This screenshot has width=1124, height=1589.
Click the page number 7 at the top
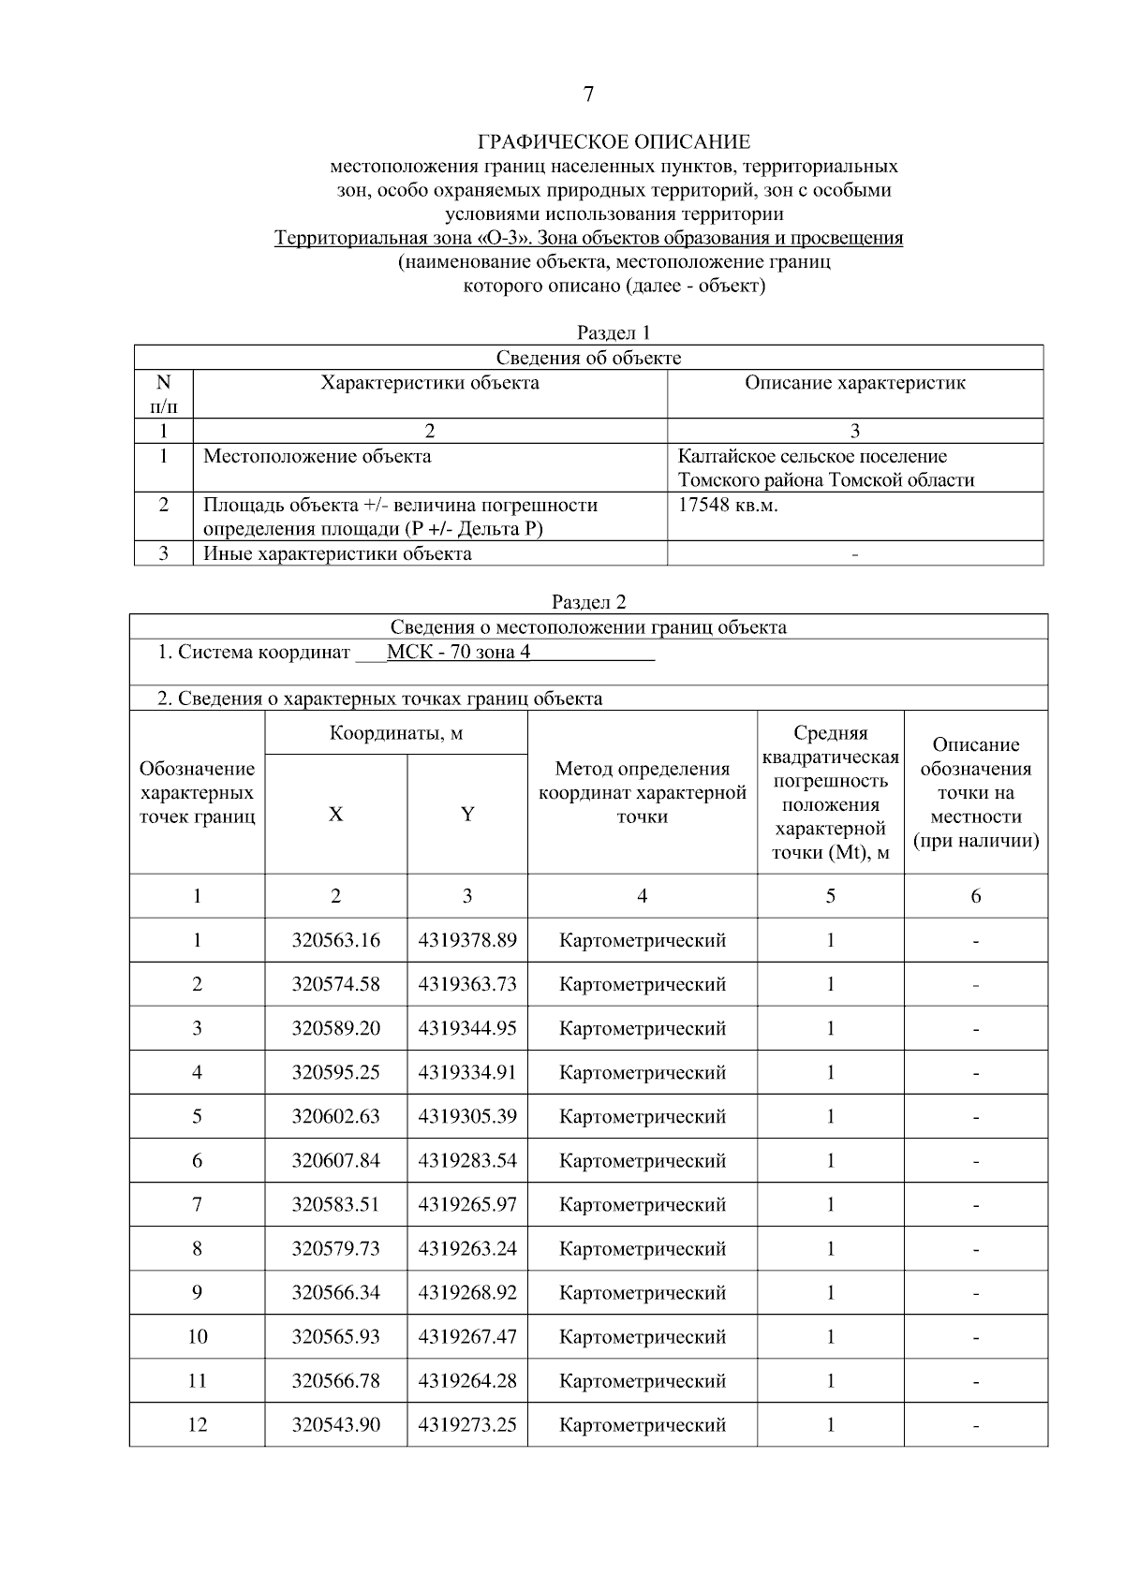[x=588, y=95]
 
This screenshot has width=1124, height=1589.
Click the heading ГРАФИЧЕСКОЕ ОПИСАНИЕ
[x=614, y=142]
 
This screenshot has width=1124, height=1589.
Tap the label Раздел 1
[x=614, y=332]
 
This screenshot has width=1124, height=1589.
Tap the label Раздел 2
[x=588, y=602]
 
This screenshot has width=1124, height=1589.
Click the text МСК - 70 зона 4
[x=458, y=652]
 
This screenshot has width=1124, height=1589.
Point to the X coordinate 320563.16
[x=335, y=940]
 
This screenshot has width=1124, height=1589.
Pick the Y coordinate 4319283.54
[x=466, y=1160]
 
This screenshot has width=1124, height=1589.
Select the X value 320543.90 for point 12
[x=335, y=1424]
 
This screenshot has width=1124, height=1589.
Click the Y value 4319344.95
[x=466, y=1028]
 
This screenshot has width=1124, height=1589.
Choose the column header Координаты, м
[x=395, y=733]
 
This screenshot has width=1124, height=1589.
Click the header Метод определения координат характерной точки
[x=642, y=792]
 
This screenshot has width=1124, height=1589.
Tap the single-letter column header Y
[x=466, y=814]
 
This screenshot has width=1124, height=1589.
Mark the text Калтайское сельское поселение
[x=812, y=456]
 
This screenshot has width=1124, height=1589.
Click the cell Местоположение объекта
[x=318, y=456]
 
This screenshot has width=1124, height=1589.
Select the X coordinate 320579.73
[x=335, y=1248]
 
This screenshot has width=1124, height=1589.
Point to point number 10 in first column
[x=197, y=1336]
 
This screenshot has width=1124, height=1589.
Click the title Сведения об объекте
[x=588, y=358]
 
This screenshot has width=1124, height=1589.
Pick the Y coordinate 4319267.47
[x=466, y=1336]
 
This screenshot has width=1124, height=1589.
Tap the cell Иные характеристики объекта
[x=337, y=553]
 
